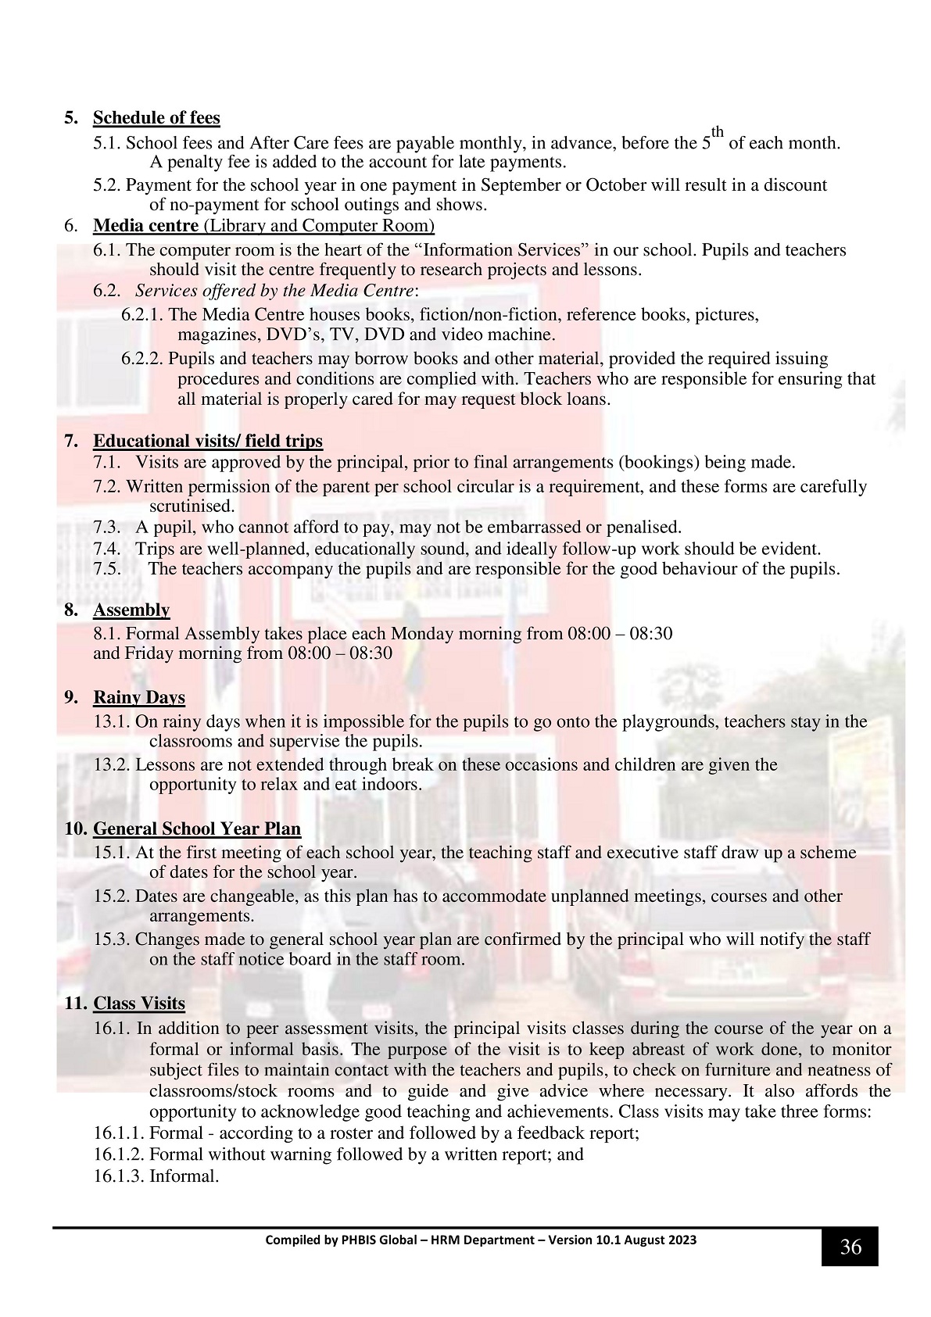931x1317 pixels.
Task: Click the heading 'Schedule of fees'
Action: pyautogui.click(x=156, y=118)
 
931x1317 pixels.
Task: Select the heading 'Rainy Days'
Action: pyautogui.click(x=139, y=697)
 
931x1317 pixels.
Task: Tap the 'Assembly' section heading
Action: pyautogui.click(x=131, y=610)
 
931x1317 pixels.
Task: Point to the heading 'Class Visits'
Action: pyautogui.click(x=139, y=1004)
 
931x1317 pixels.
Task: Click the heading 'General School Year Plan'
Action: pyautogui.click(x=197, y=828)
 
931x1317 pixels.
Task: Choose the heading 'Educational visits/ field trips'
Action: pyautogui.click(x=208, y=442)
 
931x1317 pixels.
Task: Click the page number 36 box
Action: pyautogui.click(x=850, y=1247)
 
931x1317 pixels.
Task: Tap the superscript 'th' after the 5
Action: pyautogui.click(x=718, y=133)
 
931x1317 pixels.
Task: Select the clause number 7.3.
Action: pyautogui.click(x=107, y=527)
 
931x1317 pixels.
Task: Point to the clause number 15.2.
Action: pyautogui.click(x=112, y=896)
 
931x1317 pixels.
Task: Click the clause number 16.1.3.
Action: pyautogui.click(x=119, y=1176)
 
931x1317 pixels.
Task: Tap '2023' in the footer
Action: pyautogui.click(x=682, y=1240)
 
